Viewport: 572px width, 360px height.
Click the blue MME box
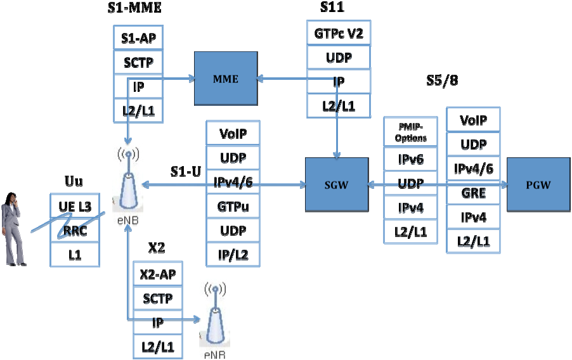225,79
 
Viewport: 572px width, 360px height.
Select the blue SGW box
336,184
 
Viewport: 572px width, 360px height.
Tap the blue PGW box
538,184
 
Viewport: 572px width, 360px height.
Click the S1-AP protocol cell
138,37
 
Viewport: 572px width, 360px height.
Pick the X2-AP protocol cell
157,274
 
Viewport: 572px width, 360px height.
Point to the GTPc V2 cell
339,34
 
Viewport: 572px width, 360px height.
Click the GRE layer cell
473,195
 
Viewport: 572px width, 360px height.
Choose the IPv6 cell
410,159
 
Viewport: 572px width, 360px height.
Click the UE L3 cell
75,206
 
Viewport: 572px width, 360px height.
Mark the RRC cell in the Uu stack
75,231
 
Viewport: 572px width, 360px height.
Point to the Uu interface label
74,182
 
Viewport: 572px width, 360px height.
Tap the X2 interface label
157,247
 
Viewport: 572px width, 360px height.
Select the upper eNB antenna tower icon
128,181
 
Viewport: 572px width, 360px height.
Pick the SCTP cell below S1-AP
138,62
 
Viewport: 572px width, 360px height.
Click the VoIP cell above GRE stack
473,120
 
